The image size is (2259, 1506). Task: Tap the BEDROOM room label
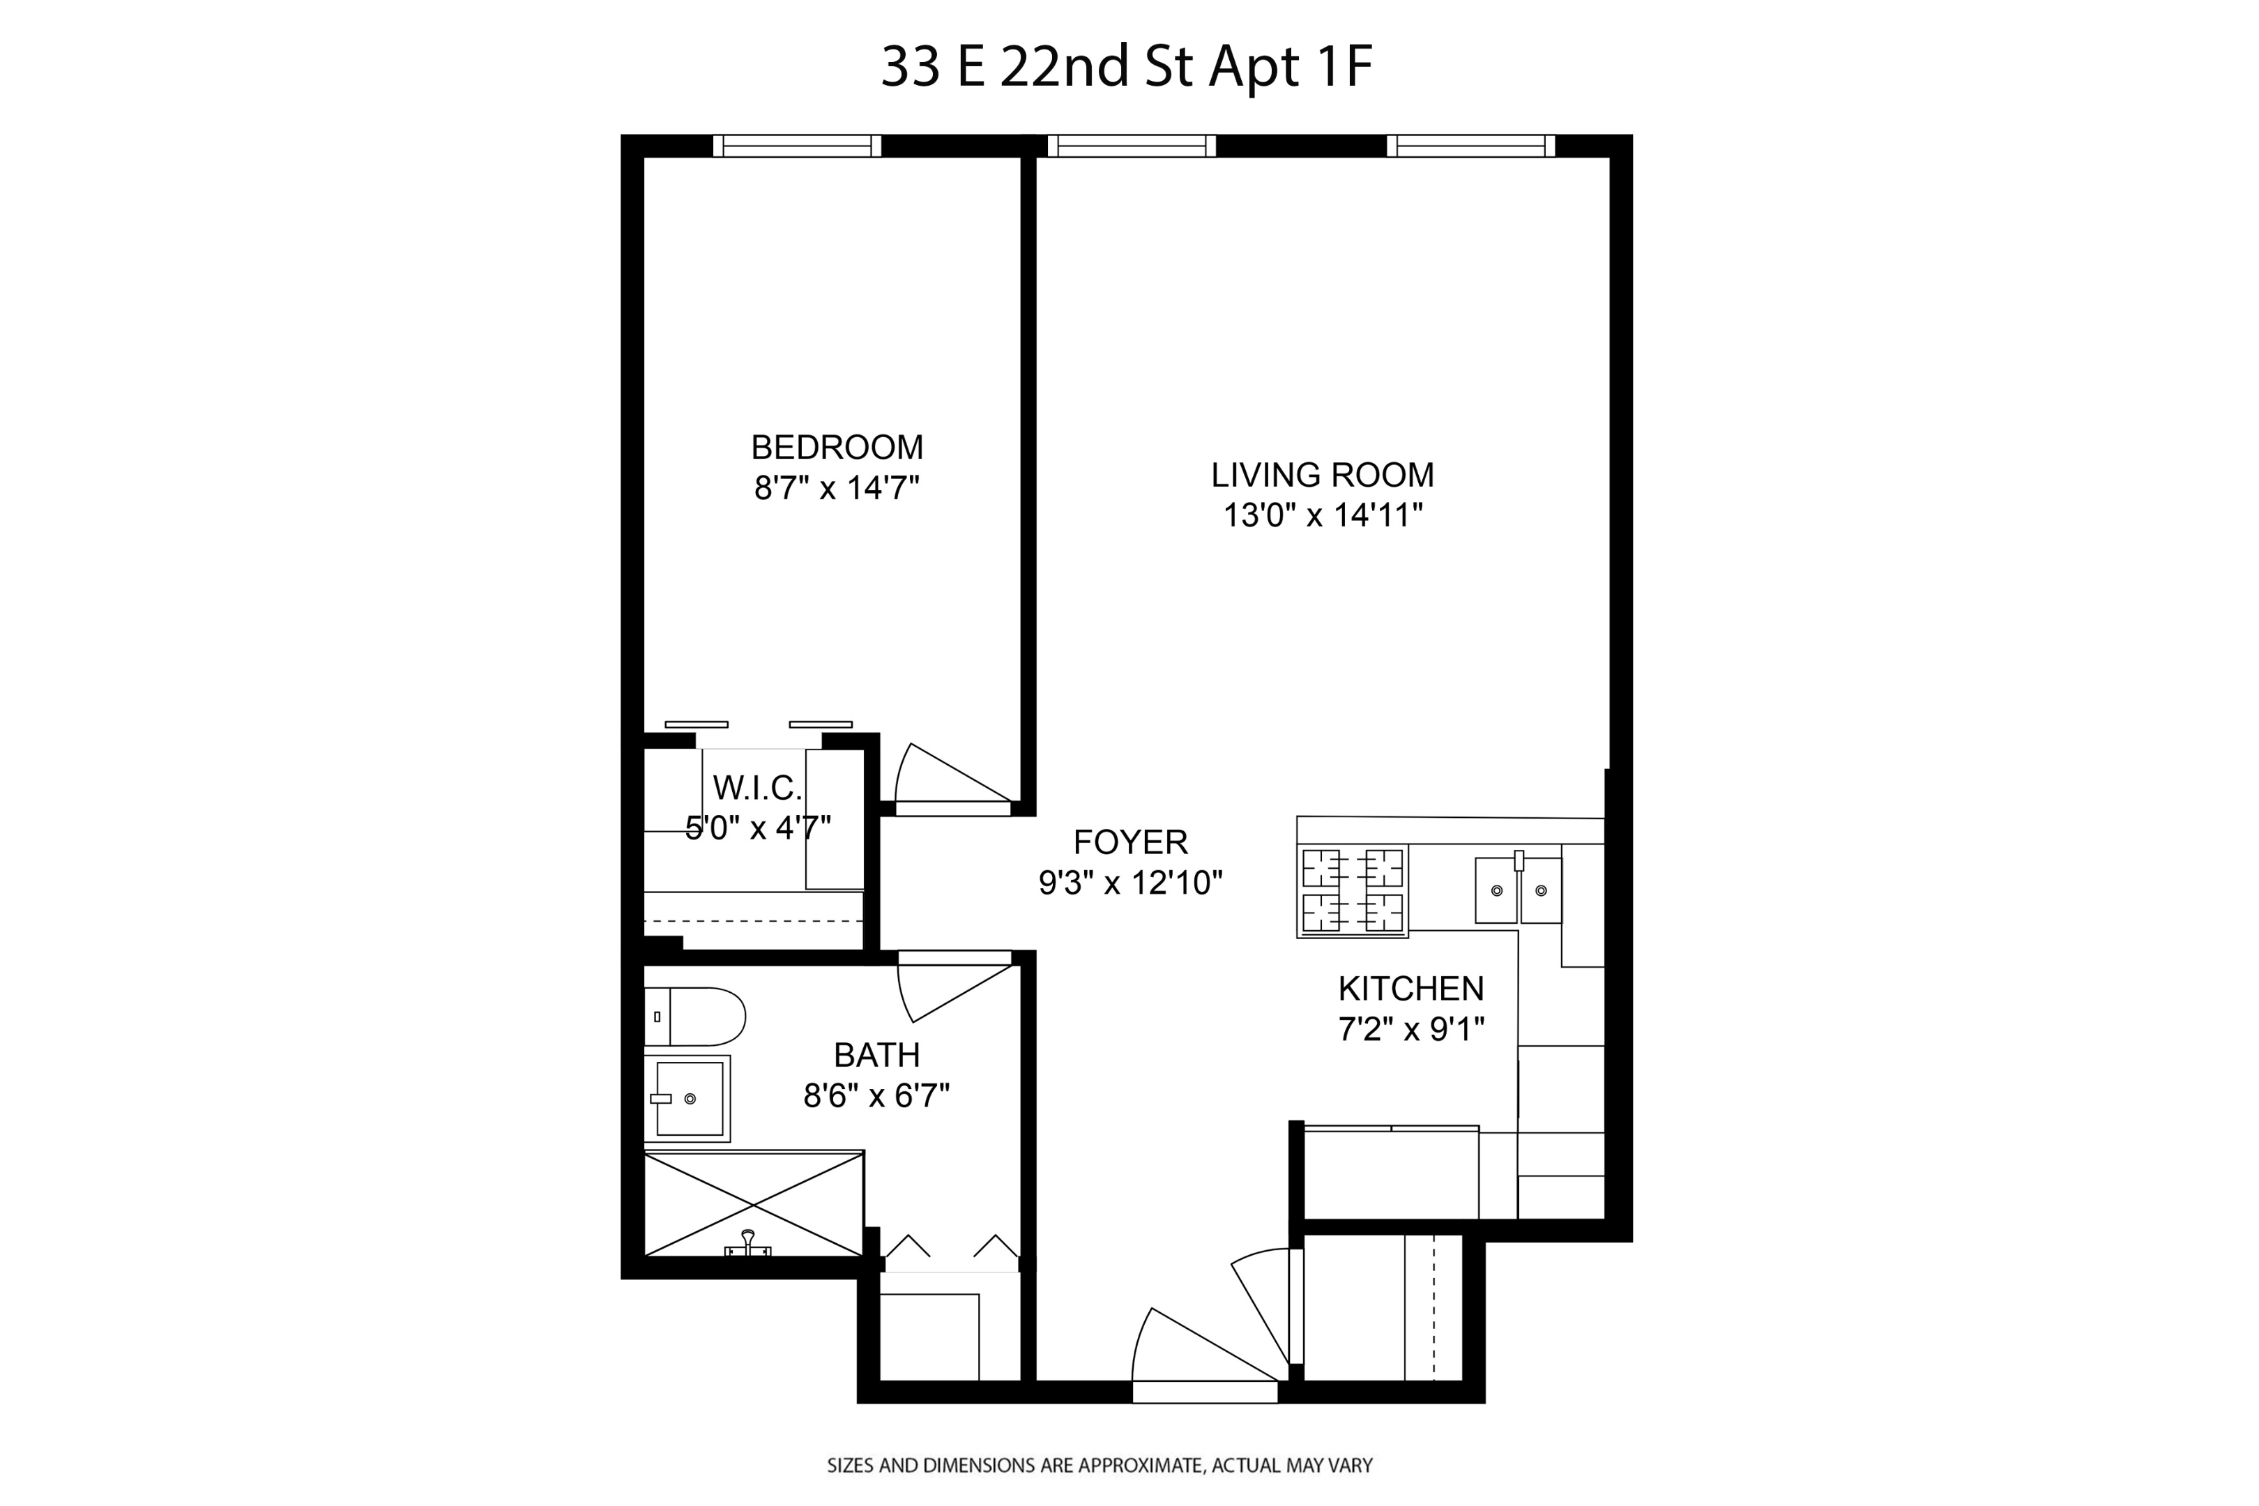837,448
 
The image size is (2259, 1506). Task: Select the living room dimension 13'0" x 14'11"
1322,516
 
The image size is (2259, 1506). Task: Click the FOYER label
1130,842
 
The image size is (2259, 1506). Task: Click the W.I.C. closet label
757,789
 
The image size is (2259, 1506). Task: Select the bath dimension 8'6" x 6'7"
876,1095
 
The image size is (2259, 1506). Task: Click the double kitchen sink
1518,890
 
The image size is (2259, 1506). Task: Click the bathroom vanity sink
687,1098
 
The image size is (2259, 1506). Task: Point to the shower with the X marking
754,1203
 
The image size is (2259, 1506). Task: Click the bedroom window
796,146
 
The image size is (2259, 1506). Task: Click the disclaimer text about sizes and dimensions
1100,1466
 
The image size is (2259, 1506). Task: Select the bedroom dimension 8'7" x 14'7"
837,488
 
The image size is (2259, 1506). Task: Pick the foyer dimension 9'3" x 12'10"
1130,883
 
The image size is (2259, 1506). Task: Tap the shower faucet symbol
747,1244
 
